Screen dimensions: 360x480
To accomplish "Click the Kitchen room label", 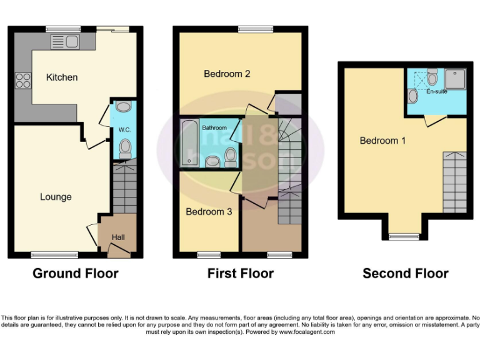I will point(62,77).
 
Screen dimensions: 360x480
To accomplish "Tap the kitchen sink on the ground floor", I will point(66,42).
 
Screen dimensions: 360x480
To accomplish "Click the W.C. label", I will point(124,130).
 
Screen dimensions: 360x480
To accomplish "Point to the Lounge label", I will point(56,197).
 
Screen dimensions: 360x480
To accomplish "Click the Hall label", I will point(118,237).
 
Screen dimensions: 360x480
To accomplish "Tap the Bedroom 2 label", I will point(227,74).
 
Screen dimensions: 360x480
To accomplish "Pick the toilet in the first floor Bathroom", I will point(230,154).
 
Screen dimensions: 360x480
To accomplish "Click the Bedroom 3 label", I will point(209,212).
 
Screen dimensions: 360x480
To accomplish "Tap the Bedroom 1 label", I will point(382,141).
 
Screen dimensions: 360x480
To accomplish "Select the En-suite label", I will point(437,92).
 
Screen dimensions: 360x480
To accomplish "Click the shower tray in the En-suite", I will point(454,79).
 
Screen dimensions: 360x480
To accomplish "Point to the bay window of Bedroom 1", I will point(404,236).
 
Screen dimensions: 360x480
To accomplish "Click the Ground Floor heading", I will point(75,273).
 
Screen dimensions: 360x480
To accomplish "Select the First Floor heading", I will point(240,273).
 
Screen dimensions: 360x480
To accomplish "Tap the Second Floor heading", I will point(405,273).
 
